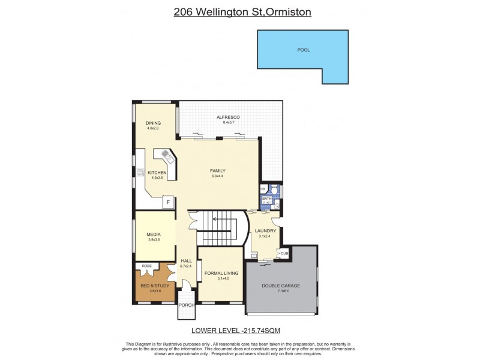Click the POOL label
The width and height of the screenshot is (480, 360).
tap(304, 50)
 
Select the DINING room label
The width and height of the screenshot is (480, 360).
tap(153, 123)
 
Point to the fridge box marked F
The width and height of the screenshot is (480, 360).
tap(168, 203)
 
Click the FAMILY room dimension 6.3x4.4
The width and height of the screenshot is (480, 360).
tap(218, 176)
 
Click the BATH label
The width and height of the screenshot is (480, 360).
tap(266, 199)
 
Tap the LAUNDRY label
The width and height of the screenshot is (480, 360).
tap(265, 231)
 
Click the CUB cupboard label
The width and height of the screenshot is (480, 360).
tap(284, 254)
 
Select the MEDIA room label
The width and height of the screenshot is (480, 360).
tap(154, 235)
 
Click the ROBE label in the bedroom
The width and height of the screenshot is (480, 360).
tap(146, 266)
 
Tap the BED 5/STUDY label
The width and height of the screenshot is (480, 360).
tap(151, 286)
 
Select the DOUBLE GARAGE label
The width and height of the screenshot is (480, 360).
tap(281, 286)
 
